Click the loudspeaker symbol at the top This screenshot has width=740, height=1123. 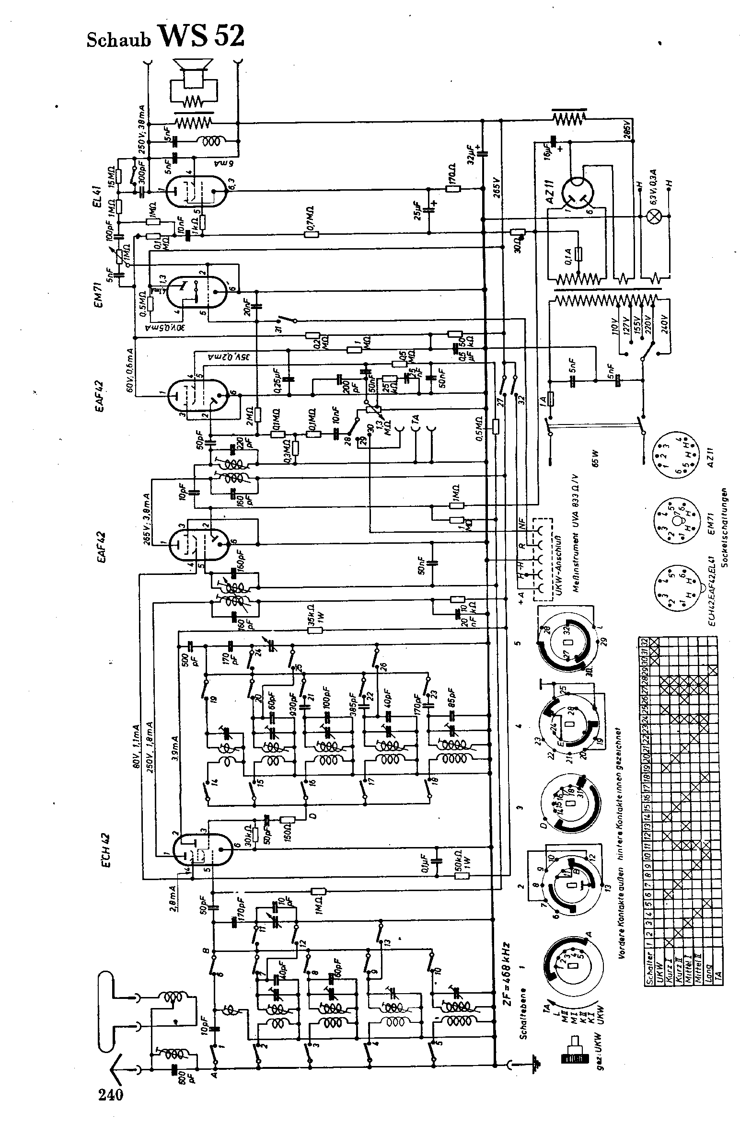point(193,74)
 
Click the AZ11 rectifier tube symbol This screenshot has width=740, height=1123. point(578,189)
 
